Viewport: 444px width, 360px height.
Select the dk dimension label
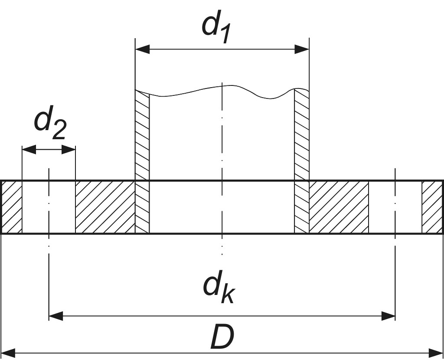[219, 287]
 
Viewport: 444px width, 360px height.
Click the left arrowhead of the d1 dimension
[143, 49]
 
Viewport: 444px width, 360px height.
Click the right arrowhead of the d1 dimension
[302, 49]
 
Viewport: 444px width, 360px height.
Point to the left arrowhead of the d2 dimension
[29, 150]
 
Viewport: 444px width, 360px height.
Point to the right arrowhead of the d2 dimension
[69, 150]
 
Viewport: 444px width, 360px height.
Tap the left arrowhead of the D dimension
[9, 352]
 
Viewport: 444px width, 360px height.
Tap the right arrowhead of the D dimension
[436, 352]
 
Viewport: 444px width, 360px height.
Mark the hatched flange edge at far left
[12, 207]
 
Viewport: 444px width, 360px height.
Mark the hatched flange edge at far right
[432, 207]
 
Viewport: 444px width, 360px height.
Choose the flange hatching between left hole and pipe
[105, 207]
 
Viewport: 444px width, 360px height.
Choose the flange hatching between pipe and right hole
[339, 207]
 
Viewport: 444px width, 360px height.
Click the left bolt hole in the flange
[49, 207]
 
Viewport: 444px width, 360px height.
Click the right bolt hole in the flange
[395, 207]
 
